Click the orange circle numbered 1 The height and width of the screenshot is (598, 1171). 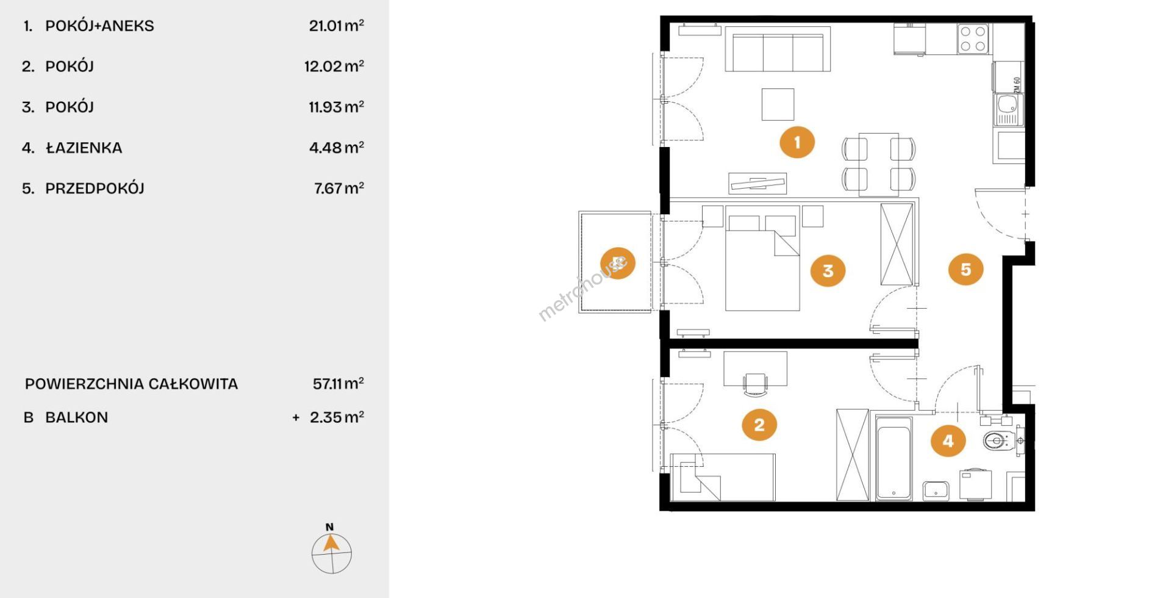click(797, 142)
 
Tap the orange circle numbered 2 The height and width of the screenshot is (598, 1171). click(759, 424)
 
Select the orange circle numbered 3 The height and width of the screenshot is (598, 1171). click(828, 270)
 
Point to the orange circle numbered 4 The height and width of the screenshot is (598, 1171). click(948, 441)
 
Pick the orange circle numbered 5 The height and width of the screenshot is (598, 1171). click(965, 269)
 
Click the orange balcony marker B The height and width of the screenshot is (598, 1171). click(617, 263)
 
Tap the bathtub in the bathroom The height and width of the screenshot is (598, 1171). click(894, 458)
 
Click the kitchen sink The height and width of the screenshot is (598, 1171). click(1008, 109)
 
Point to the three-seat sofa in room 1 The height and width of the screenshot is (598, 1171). click(778, 49)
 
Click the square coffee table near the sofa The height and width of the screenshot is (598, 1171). click(778, 104)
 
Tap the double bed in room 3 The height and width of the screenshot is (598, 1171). click(762, 258)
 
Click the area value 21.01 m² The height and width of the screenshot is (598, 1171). click(336, 25)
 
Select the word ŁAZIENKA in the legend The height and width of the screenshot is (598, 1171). click(84, 148)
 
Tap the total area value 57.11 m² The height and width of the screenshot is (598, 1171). click(338, 383)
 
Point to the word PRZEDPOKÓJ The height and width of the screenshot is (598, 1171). click(95, 188)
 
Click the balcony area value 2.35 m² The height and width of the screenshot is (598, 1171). click(337, 417)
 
